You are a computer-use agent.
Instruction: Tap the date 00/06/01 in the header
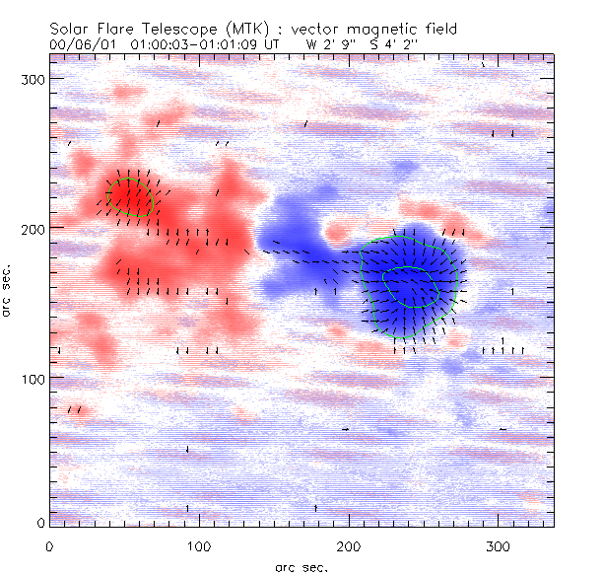76,44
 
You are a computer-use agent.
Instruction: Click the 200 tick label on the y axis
31,228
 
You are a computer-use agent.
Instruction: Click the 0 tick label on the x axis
49,544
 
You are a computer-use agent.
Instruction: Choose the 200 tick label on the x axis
349,544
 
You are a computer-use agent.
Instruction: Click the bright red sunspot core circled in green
129,195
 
